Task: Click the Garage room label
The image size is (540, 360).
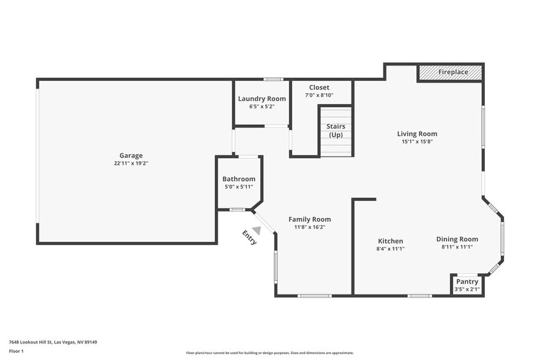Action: click(x=131, y=156)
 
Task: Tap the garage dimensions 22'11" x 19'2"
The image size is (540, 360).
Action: click(x=131, y=163)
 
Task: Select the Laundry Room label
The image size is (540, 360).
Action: click(x=261, y=99)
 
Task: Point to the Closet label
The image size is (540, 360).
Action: click(x=319, y=88)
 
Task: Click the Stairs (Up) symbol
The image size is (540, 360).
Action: click(x=336, y=131)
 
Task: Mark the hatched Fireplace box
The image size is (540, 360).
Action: click(x=451, y=72)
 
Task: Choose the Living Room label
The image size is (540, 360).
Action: click(x=417, y=133)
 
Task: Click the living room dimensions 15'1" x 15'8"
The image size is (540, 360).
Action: click(x=417, y=141)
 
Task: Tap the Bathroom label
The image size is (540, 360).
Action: click(x=239, y=179)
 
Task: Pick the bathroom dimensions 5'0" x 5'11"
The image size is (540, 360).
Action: click(x=239, y=187)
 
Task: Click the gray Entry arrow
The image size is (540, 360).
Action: click(x=257, y=230)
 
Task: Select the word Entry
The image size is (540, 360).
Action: click(x=249, y=237)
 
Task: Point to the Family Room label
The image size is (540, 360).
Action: click(x=310, y=219)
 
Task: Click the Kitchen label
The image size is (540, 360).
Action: click(x=390, y=241)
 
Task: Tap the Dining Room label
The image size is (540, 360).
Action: click(x=457, y=239)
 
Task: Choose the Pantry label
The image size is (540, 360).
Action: click(x=467, y=282)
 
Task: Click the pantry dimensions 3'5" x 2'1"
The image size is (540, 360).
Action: click(x=467, y=289)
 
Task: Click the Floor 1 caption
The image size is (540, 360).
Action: click(x=16, y=351)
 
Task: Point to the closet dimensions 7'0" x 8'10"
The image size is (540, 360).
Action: click(x=319, y=95)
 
